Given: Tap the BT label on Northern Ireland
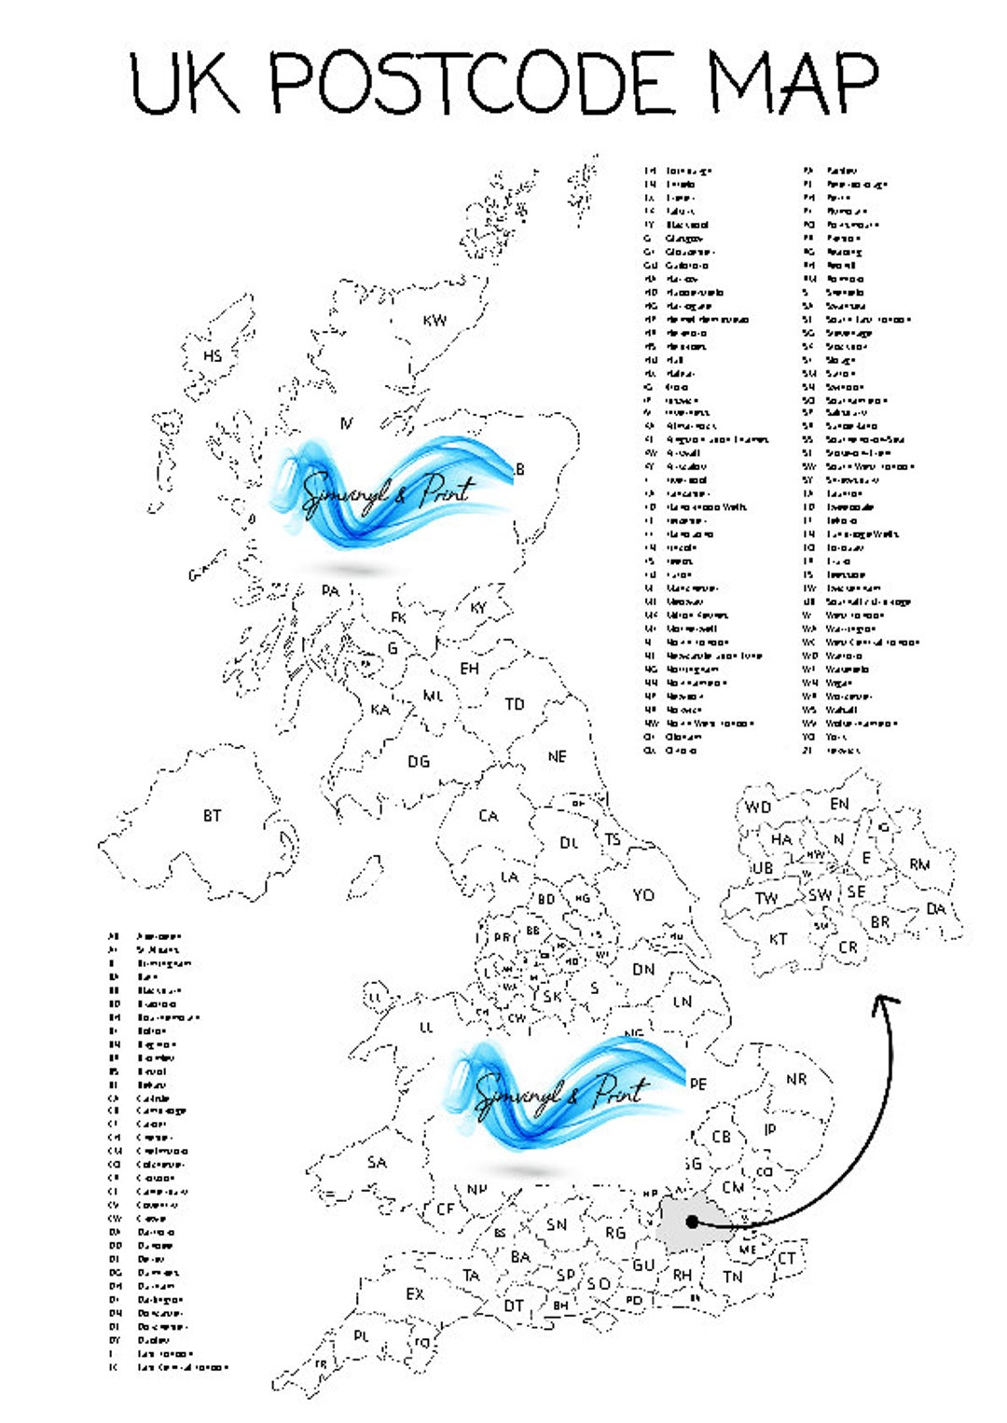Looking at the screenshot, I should (x=213, y=816).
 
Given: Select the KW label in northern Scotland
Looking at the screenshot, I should (x=435, y=321).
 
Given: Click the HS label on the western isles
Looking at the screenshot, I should (x=213, y=356).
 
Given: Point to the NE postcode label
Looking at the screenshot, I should (x=557, y=756).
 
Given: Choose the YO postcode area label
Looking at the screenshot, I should (x=643, y=895).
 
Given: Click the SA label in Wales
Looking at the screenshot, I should (x=377, y=1163).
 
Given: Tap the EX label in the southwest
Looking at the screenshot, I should (x=415, y=1294).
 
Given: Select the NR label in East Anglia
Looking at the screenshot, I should (x=795, y=1079).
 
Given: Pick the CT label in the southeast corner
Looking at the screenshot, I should (x=787, y=1258).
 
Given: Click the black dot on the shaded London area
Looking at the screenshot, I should (x=692, y=1221).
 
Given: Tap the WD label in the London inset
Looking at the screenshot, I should (x=758, y=808).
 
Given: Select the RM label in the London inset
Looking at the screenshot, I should (x=919, y=864).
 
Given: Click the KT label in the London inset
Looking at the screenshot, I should (x=778, y=939).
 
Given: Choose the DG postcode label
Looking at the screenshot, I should (x=419, y=762).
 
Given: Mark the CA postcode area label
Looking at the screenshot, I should (x=489, y=816).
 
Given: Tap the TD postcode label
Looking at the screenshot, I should (x=515, y=705).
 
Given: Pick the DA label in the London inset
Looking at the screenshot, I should (x=936, y=908).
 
